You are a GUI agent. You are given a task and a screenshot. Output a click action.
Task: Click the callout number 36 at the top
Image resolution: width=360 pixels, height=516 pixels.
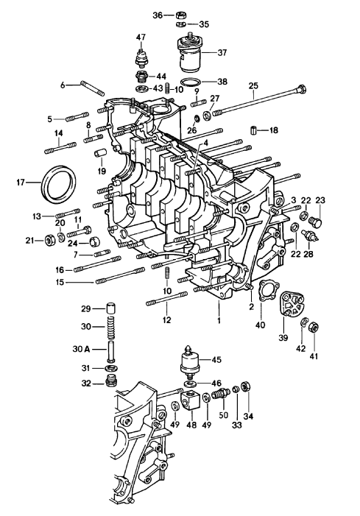tap(158, 15)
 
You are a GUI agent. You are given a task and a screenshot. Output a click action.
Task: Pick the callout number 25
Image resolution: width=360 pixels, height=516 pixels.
tap(253, 85)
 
